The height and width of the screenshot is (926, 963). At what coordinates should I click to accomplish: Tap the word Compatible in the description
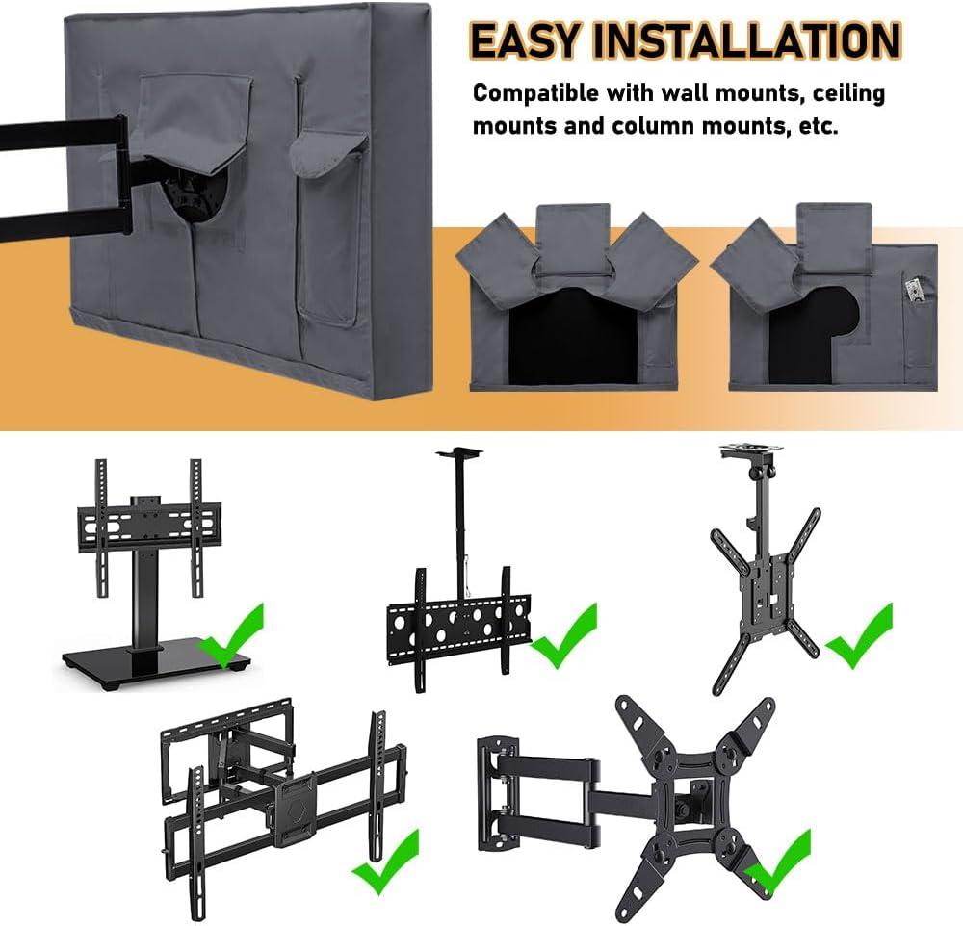(x=535, y=93)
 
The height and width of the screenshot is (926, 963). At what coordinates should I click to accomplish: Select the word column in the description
(x=653, y=126)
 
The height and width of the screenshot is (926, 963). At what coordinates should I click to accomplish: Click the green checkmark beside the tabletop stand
(x=230, y=635)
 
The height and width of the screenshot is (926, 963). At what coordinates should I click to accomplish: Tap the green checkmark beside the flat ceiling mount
(x=563, y=635)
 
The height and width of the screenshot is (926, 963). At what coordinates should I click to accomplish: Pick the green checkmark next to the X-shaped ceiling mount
(x=859, y=635)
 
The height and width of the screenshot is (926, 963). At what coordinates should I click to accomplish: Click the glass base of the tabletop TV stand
(x=156, y=662)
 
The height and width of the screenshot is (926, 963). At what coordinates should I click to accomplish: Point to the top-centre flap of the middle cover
(x=573, y=237)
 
